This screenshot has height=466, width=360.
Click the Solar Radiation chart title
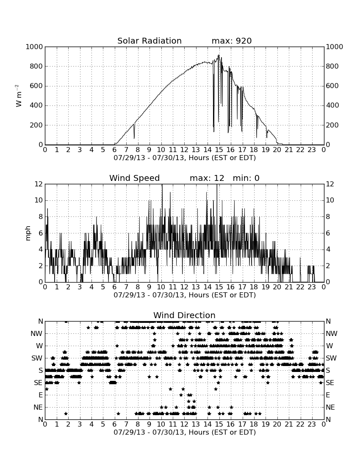[150, 41]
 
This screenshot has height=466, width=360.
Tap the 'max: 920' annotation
[232, 41]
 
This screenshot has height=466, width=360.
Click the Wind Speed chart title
[135, 178]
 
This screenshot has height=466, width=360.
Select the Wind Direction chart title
[185, 315]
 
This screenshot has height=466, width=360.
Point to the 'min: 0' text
[246, 178]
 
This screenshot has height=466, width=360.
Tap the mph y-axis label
[28, 233]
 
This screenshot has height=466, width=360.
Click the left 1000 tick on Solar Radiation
[34, 47]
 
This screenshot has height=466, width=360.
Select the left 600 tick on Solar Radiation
[36, 86]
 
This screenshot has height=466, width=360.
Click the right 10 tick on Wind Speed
[330, 200]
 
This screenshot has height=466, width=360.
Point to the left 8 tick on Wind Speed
[41, 216]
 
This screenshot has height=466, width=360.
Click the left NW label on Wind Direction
[37, 334]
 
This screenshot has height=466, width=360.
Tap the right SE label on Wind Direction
[330, 383]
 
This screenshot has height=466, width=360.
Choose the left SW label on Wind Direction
[37, 358]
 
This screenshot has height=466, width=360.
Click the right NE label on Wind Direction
[330, 407]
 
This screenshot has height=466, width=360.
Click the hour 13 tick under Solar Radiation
[196, 150]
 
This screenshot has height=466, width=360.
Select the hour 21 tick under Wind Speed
[289, 287]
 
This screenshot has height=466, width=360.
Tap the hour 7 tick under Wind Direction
[126, 424]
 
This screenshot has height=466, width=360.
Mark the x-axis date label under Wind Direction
[185, 432]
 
